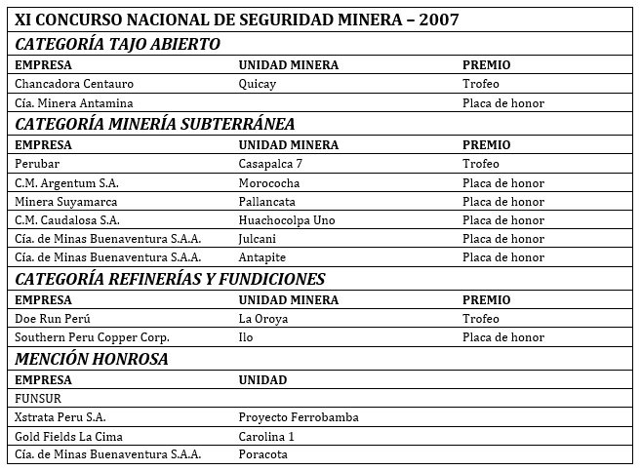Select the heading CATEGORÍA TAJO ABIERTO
tap(117, 44)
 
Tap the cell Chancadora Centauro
tap(74, 84)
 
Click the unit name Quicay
tap(258, 84)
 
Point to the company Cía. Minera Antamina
tap(74, 102)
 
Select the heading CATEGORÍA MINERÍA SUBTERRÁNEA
tap(154, 124)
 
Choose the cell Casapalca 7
tap(270, 164)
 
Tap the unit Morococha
tap(269, 182)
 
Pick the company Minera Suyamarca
tap(64, 202)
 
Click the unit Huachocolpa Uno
tap(287, 220)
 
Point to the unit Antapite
tap(262, 257)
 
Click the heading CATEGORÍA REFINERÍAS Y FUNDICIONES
tap(170, 279)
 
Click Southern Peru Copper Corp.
tap(92, 337)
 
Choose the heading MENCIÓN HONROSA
tap(92, 359)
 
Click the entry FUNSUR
tap(38, 399)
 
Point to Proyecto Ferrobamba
tap(299, 417)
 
